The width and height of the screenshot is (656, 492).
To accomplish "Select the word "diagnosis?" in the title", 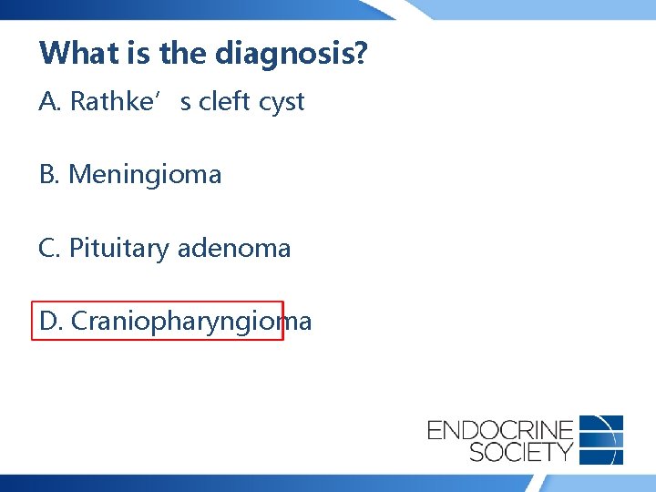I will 291,55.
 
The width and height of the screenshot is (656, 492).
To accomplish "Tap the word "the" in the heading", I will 183,53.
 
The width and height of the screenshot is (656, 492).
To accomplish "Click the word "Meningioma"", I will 145,175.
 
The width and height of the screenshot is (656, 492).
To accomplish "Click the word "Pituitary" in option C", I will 118,249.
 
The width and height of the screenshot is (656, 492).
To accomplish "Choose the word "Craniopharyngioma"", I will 191,322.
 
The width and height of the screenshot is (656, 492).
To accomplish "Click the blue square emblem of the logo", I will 601,440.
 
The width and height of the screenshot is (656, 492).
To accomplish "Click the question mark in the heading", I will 361,53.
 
